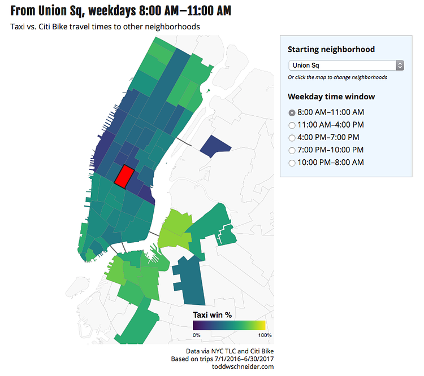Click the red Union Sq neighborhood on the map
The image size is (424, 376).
pyautogui.click(x=124, y=176)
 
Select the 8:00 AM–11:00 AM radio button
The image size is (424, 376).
pyautogui.click(x=292, y=112)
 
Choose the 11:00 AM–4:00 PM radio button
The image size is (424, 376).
pyautogui.click(x=292, y=125)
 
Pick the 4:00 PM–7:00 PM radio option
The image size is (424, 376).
pyautogui.click(x=292, y=137)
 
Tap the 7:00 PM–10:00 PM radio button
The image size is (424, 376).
pyautogui.click(x=292, y=150)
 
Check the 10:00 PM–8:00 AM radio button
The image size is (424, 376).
pyautogui.click(x=292, y=163)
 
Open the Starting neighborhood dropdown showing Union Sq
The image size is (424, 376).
pyautogui.click(x=345, y=65)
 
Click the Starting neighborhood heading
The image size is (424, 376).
pyautogui.click(x=331, y=49)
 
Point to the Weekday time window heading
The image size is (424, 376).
pyautogui.click(x=331, y=97)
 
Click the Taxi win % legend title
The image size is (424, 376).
pyautogui.click(x=213, y=315)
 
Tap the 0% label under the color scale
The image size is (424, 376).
pyautogui.click(x=197, y=335)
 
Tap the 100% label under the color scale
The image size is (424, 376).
pyautogui.click(x=258, y=335)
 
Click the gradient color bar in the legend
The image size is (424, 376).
pyautogui.click(x=228, y=325)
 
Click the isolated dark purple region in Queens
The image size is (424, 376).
pyautogui.click(x=215, y=145)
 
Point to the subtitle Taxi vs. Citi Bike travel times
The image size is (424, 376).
pyautogui.click(x=105, y=27)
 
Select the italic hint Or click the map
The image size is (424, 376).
pyautogui.click(x=337, y=77)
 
